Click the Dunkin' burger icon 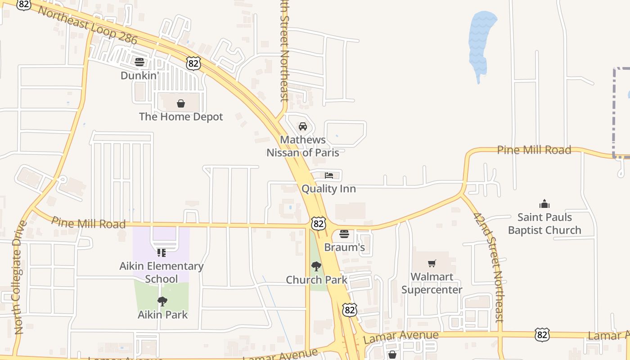[139, 62]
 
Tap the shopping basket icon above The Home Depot [181, 103]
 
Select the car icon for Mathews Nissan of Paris [303, 126]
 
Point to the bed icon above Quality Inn [329, 175]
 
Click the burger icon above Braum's [344, 234]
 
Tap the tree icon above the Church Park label [316, 266]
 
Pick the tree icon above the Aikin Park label [162, 301]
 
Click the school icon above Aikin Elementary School [162, 253]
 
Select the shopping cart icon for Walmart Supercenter [432, 263]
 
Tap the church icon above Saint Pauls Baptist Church [544, 204]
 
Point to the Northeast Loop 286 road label [87, 25]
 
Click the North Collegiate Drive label [21, 277]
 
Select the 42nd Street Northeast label [488, 267]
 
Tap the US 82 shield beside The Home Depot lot [193, 63]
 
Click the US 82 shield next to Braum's [318, 223]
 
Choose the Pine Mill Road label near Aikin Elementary [89, 222]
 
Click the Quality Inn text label [328, 189]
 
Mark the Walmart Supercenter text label [432, 283]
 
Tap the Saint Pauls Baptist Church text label [544, 224]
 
